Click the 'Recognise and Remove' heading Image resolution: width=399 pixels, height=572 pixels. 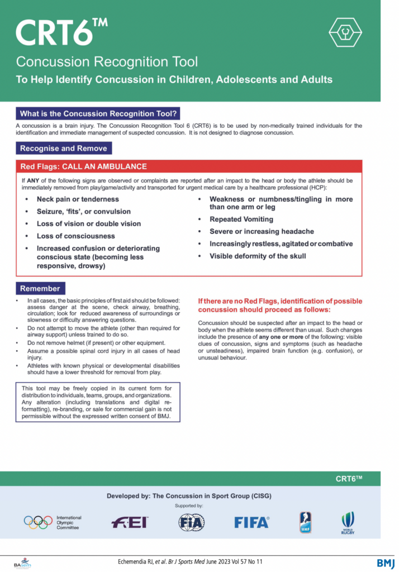pyautogui.click(x=64, y=148)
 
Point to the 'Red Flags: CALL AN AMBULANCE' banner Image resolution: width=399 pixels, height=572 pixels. pyautogui.click(x=84, y=166)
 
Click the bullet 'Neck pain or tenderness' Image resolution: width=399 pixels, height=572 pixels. pyautogui.click(x=78, y=199)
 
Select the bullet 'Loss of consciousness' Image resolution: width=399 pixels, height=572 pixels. pyautogui.click(x=76, y=236)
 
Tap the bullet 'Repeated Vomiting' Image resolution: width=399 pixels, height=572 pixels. pyautogui.click(x=241, y=219)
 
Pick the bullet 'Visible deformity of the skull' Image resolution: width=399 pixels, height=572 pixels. pyautogui.click(x=258, y=256)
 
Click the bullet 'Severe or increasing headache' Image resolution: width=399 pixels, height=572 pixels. pyautogui.click(x=262, y=231)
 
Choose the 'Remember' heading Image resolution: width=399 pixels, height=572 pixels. pyautogui.click(x=40, y=288)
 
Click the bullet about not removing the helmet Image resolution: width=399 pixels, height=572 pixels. pyautogui.click(x=96, y=342)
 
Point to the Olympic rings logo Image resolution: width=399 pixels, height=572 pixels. pyautogui.click(x=38, y=522)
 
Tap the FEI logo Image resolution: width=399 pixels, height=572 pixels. pyautogui.click(x=130, y=522)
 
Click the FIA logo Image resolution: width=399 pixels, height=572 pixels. pyautogui.click(x=191, y=522)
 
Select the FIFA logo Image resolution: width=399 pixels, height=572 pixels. pyautogui.click(x=251, y=522)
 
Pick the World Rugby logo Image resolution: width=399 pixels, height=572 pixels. pyautogui.click(x=348, y=523)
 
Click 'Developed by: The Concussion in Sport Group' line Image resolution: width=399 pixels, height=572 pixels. pyautogui.click(x=189, y=496)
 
